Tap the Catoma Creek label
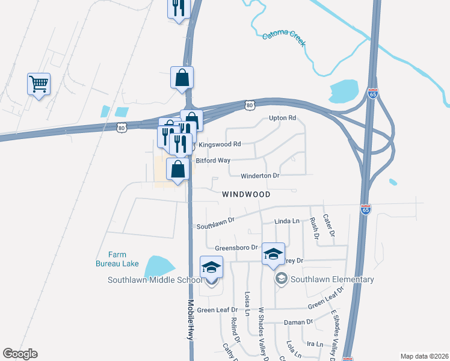pyautogui.click(x=284, y=39)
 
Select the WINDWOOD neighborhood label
pyautogui.click(x=245, y=195)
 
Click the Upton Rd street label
pyautogui.click(x=283, y=118)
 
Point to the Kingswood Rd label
pyautogui.click(x=220, y=144)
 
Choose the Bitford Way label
pyautogui.click(x=213, y=161)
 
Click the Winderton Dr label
pyautogui.click(x=260, y=176)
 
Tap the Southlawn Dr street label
pyautogui.click(x=215, y=226)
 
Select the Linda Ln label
pyautogui.click(x=286, y=221)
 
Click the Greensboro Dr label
pyautogui.click(x=236, y=247)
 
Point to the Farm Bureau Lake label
pyautogui.click(x=117, y=259)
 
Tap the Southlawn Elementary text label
pyautogui.click(x=332, y=279)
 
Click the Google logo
pyautogui.click(x=20, y=354)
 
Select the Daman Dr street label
pyautogui.click(x=298, y=322)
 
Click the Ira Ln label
pyautogui.click(x=315, y=344)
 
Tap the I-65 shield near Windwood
pyautogui.click(x=366, y=209)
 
